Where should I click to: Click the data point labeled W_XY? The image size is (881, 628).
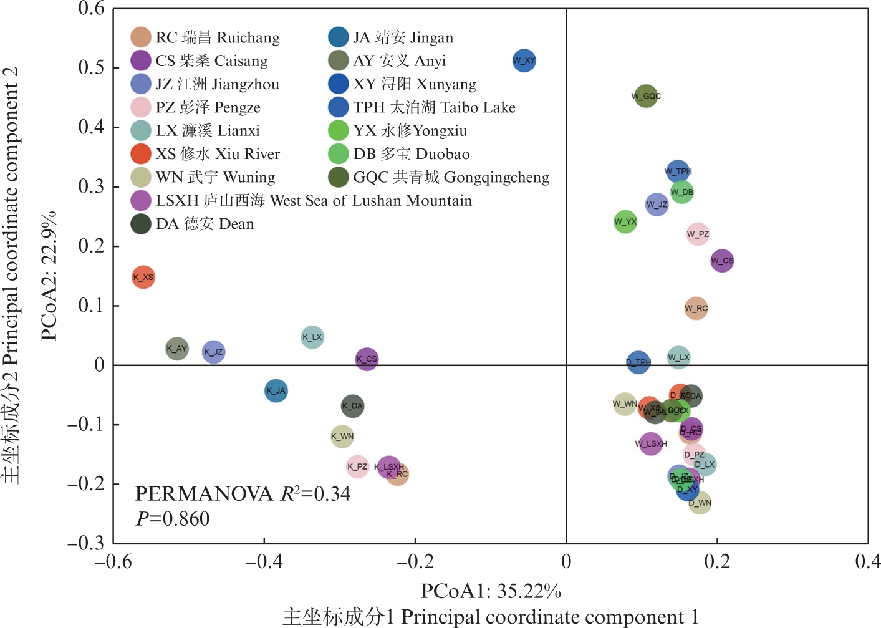tap(524, 60)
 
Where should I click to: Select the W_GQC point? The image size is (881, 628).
tap(646, 96)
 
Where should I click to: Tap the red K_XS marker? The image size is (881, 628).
tap(143, 277)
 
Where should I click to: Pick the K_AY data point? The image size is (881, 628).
tap(177, 349)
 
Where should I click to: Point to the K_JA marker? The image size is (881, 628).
tap(276, 391)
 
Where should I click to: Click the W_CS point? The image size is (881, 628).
tap(722, 261)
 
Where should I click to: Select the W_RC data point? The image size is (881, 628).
tap(696, 308)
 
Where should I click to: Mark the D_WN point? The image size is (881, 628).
tap(700, 503)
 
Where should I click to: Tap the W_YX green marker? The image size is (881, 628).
tap(625, 221)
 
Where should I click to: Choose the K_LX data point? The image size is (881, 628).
tap(312, 337)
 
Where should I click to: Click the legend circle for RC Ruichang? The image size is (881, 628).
tap(141, 37)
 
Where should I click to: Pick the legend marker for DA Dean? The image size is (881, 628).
tap(141, 224)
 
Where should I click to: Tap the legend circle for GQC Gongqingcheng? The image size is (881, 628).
tap(338, 177)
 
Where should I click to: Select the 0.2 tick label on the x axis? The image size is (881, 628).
tap(717, 562)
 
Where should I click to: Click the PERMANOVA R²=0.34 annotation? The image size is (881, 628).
tap(243, 494)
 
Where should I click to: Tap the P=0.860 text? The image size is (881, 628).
tap(173, 519)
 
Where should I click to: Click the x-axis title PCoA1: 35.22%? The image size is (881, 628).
tap(491, 591)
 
